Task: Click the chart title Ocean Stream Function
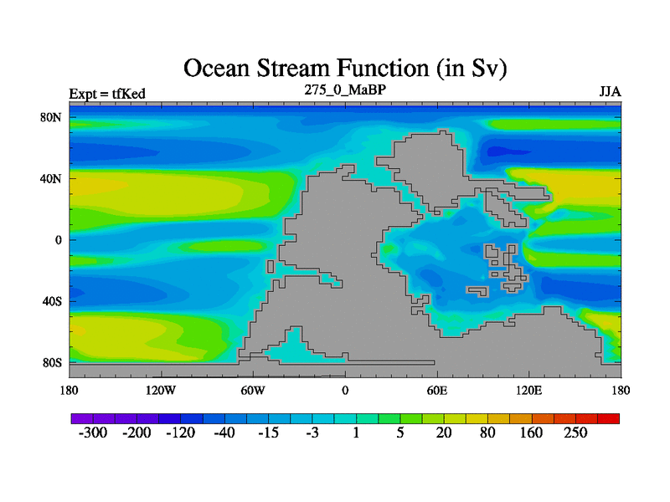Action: [345, 69]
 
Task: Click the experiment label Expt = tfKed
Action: [107, 94]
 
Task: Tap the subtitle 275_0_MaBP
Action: [345, 90]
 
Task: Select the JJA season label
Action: [611, 92]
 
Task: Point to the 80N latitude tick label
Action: [51, 117]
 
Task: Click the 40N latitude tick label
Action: [51, 178]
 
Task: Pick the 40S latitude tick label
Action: [52, 301]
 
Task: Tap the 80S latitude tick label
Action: [52, 363]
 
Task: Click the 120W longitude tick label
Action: [161, 390]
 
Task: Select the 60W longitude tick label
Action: [253, 390]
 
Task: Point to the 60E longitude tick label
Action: [437, 390]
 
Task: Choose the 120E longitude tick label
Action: [529, 390]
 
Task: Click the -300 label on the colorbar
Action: [93, 433]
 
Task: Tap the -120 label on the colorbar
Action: [181, 433]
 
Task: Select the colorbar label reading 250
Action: [575, 433]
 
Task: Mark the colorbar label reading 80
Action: [487, 433]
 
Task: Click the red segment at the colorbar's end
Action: [609, 418]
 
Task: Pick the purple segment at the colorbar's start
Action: [82, 418]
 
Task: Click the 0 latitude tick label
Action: [58, 240]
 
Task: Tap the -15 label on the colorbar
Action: [268, 433]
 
